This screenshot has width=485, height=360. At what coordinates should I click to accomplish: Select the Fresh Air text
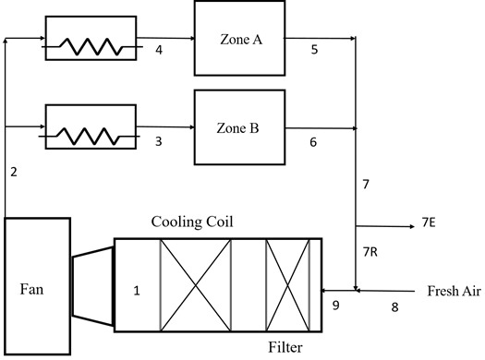click(x=453, y=292)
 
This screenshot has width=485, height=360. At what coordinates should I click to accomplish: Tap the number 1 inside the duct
click(x=137, y=291)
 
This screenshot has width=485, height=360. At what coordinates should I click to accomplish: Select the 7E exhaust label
click(x=429, y=224)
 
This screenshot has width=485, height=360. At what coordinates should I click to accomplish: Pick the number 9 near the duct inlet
click(x=336, y=304)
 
